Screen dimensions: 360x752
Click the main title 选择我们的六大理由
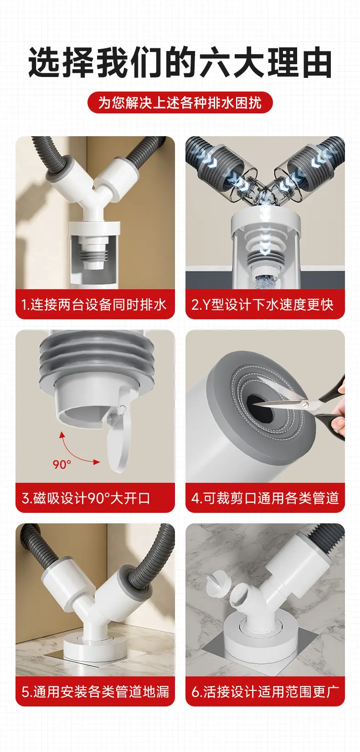180,62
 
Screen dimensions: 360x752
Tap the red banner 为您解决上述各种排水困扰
180,102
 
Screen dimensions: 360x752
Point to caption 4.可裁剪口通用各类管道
265,498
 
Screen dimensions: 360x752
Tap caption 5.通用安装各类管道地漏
95,691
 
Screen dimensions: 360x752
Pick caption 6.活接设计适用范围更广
265,691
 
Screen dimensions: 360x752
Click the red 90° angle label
62,464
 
